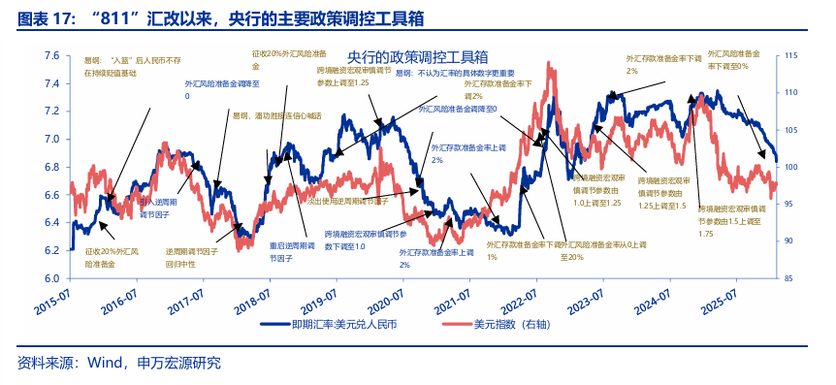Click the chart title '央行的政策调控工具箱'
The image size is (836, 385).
[x=417, y=57]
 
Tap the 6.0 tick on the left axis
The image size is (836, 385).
[x=50, y=278]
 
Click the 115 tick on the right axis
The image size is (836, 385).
[x=790, y=56]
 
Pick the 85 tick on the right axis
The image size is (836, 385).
[x=788, y=278]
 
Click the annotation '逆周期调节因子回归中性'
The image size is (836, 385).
[x=192, y=257]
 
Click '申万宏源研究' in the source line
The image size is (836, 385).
[x=180, y=365]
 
